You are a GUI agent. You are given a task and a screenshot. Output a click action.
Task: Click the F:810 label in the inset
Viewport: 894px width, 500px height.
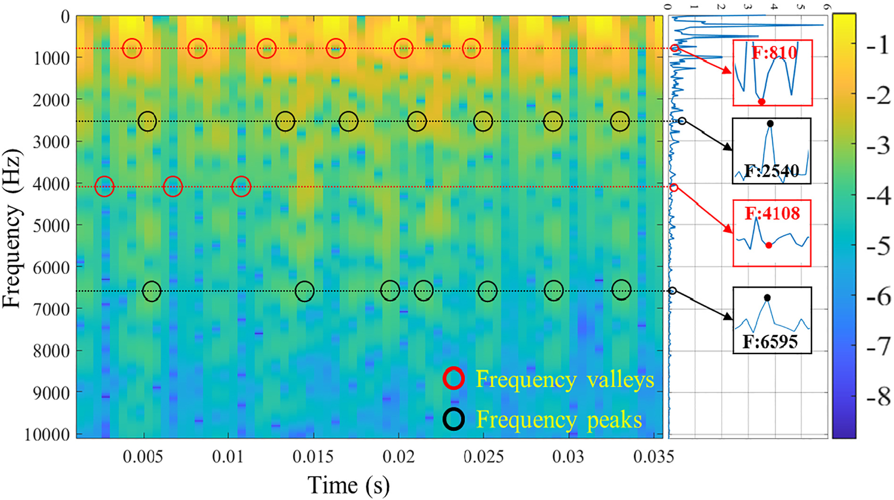coord(774,52)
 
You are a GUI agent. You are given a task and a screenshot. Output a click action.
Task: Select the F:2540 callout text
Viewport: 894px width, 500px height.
coord(771,170)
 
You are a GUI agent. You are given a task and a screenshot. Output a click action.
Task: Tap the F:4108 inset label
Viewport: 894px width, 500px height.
coord(772,214)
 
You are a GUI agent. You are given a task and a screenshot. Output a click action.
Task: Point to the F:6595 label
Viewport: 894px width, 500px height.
coord(770,341)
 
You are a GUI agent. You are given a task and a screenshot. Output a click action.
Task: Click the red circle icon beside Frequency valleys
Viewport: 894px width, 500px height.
coord(454,378)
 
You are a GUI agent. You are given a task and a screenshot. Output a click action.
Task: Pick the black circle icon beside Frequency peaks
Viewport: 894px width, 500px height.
coord(454,419)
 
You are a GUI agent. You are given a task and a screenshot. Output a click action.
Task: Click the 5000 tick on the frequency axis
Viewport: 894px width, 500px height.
coord(51,225)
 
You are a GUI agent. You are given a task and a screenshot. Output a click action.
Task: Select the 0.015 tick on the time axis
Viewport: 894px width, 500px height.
coord(312,457)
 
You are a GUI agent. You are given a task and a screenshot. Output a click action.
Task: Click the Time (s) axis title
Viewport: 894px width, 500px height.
coord(348,485)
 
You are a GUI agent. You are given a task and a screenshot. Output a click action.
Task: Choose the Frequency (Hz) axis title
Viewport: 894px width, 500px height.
coord(12,229)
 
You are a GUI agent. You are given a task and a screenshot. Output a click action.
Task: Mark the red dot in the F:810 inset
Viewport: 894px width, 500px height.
coord(762,101)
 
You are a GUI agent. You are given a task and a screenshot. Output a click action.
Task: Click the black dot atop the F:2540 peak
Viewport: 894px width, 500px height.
coord(770,124)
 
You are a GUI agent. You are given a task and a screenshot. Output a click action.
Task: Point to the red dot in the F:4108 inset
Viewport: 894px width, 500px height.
coord(769,245)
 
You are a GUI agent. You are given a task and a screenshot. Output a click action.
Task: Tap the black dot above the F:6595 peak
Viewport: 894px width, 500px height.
coord(767,298)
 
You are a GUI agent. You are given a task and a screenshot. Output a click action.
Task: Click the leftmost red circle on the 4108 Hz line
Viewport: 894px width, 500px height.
coord(104,186)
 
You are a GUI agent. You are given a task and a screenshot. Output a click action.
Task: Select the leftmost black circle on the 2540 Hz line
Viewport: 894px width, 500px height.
coord(147,121)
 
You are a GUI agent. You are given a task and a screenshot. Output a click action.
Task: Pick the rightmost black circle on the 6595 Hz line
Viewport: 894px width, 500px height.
coord(621,290)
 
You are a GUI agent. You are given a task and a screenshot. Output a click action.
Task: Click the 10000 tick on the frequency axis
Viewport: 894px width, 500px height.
coord(47,434)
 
